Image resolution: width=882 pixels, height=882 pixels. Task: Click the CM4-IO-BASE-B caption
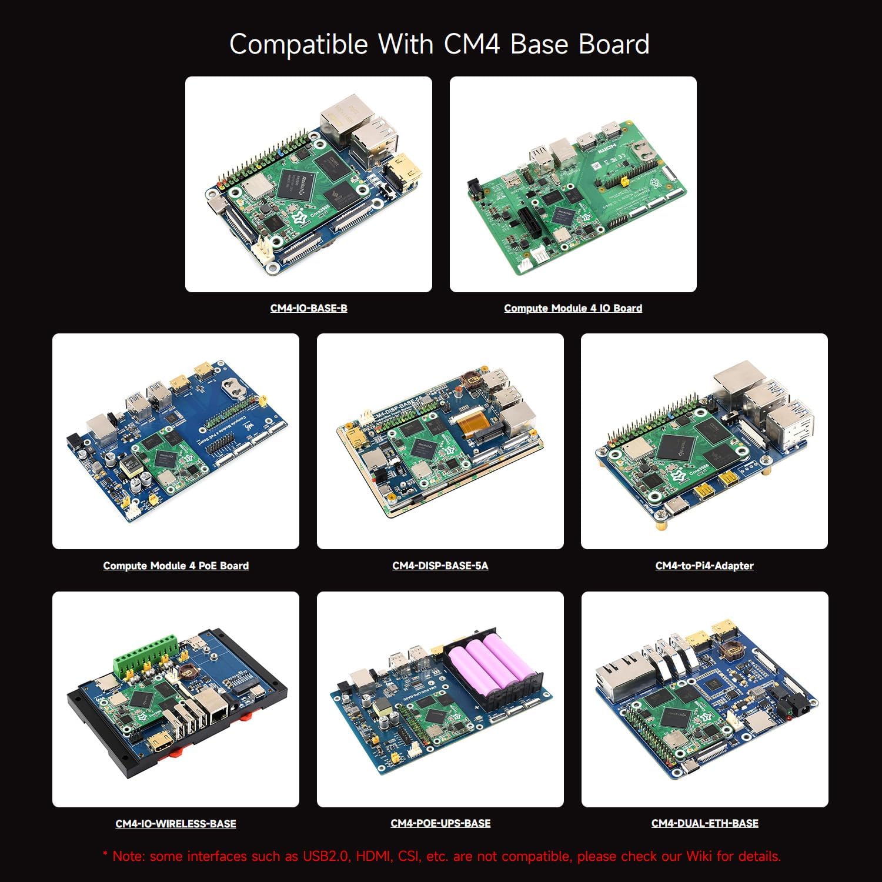(x=308, y=308)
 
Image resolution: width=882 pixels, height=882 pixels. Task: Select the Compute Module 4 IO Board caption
(x=573, y=308)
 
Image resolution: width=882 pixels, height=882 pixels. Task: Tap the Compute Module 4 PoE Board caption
(x=176, y=566)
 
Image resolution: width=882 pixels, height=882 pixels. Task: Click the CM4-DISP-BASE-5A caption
(x=440, y=566)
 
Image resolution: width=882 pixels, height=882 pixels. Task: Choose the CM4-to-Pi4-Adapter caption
(x=704, y=566)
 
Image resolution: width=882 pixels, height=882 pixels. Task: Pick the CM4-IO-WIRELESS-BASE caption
(x=176, y=824)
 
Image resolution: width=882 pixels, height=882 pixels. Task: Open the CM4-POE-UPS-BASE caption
(x=440, y=823)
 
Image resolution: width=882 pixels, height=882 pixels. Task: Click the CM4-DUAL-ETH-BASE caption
(x=704, y=823)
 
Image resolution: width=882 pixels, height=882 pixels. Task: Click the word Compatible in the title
(x=298, y=45)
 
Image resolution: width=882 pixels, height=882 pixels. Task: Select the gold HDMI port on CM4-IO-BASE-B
(x=404, y=169)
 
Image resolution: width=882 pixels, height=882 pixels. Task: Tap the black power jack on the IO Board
(x=475, y=189)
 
